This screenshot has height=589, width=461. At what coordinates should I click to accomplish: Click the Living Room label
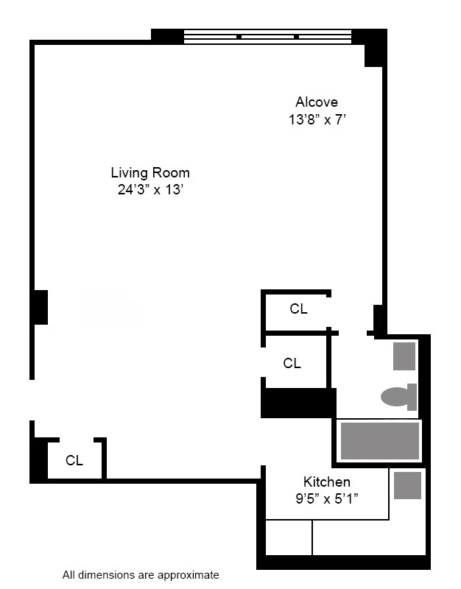point(150,173)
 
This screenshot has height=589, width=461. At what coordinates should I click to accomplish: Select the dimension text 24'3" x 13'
point(150,189)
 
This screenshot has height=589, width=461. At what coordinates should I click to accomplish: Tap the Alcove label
point(317,102)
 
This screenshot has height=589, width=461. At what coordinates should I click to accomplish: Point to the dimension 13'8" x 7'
point(317,119)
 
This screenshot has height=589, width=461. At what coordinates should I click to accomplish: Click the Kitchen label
point(327,482)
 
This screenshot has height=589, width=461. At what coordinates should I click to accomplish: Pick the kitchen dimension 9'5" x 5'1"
point(327,498)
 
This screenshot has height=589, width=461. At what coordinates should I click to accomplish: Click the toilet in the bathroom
point(398,397)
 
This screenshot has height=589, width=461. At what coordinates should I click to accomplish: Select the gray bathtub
point(380,442)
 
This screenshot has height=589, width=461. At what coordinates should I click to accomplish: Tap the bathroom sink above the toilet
point(404,356)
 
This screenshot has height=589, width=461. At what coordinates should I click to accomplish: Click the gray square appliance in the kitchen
point(407,486)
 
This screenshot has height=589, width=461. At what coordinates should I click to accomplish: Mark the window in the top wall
point(267,37)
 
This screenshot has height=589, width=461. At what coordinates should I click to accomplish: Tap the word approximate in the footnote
point(194,575)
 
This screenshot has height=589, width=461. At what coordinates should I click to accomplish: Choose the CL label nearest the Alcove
point(298,309)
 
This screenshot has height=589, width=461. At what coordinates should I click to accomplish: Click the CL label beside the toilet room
point(292,363)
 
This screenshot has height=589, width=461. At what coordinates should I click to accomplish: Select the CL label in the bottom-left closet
point(74,461)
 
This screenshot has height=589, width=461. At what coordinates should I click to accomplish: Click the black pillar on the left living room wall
point(40,307)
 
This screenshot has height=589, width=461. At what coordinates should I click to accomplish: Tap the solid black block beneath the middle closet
point(298,403)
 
